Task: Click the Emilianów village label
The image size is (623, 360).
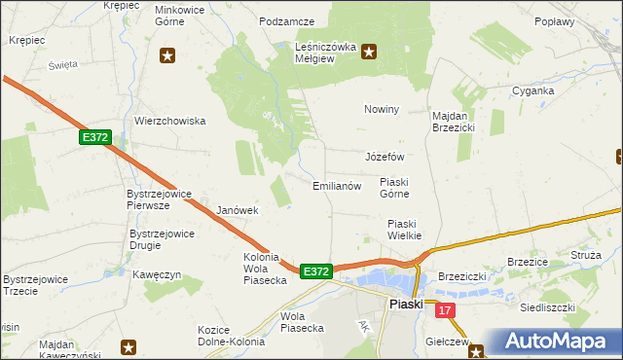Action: [337, 185]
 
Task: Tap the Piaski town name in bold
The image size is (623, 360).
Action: [405, 305]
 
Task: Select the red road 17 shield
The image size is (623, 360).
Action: [446, 310]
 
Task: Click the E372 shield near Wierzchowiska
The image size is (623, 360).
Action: [94, 138]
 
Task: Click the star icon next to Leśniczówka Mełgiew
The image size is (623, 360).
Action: [369, 53]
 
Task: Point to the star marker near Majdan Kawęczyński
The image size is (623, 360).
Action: [128, 346]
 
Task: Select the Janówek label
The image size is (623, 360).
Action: [237, 210]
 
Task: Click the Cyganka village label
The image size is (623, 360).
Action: [533, 90]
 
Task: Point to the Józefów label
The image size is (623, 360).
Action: [384, 157]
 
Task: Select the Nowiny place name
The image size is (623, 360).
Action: [382, 109]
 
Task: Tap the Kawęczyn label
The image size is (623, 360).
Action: [158, 274]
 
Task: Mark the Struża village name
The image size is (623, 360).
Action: [587, 254]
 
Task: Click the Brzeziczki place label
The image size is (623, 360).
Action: [462, 276]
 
